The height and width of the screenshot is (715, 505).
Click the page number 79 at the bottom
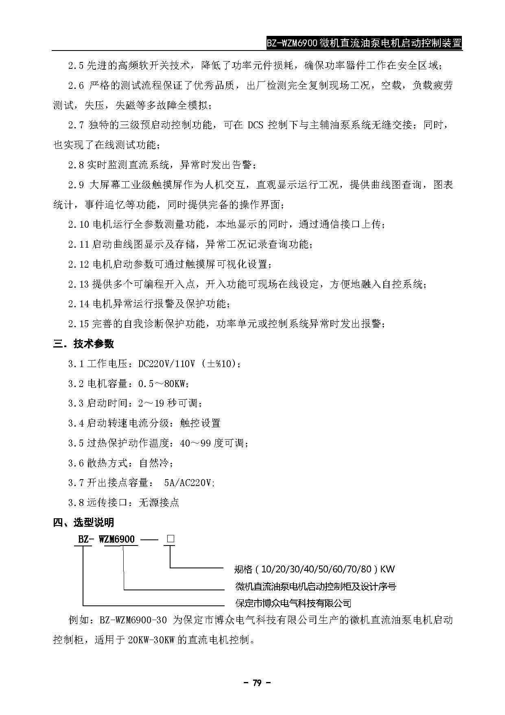[256, 683]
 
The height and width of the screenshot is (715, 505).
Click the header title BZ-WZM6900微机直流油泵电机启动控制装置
[364, 43]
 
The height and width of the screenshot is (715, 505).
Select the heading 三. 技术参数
[83, 344]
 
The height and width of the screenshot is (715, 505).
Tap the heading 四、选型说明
[83, 522]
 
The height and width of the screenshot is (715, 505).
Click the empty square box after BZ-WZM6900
[170, 539]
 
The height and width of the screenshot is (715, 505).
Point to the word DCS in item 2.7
[255, 125]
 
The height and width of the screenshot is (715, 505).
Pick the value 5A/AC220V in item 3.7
[188, 483]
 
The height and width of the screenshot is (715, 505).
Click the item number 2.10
[79, 224]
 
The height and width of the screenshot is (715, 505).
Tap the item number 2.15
[79, 324]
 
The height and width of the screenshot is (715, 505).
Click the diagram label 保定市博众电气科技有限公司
[293, 603]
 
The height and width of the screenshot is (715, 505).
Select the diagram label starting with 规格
[314, 569]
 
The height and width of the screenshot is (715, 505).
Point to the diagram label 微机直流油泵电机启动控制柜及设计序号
[315, 586]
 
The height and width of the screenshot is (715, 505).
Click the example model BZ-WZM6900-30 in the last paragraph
[133, 620]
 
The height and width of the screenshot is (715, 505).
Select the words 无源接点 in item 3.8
[159, 502]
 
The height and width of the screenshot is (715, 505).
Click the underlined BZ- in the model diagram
[86, 539]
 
